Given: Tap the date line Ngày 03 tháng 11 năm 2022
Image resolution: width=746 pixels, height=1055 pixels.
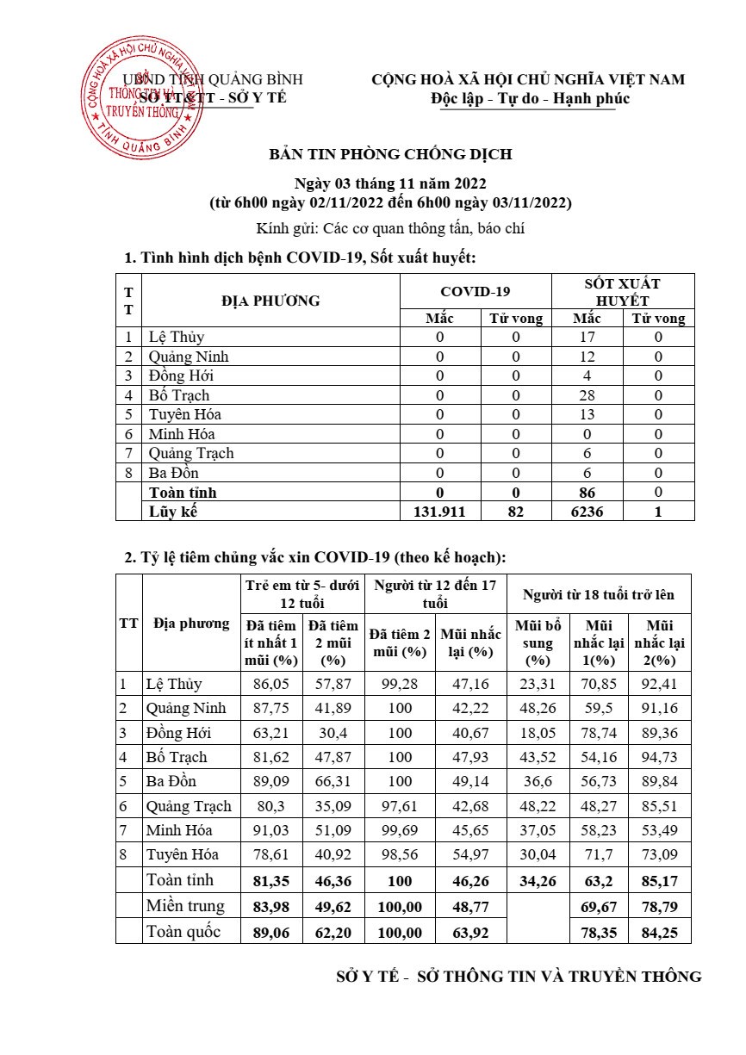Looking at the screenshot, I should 390,183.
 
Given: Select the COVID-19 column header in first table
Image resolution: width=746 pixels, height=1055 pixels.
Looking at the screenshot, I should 476,291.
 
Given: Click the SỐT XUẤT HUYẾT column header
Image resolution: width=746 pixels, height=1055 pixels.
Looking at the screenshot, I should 623,291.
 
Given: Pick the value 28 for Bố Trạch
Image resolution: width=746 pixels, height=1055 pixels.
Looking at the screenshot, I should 587,395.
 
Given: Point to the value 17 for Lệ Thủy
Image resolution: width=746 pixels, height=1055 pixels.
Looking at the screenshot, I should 587,337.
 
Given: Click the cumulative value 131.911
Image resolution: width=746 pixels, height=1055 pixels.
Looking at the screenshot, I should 439,512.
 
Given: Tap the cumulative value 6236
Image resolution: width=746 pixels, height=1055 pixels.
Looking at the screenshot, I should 587,512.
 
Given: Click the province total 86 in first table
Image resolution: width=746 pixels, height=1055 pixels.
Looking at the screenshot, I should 587,493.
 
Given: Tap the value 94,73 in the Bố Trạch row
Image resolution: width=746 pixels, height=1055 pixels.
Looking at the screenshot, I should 659,757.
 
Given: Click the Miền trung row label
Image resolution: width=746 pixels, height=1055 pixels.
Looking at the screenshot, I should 184,905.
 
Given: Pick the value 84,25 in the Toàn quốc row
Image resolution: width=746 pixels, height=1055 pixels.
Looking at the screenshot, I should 659,932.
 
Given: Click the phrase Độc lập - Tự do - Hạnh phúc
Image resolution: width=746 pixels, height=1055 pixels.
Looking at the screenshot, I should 531,98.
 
